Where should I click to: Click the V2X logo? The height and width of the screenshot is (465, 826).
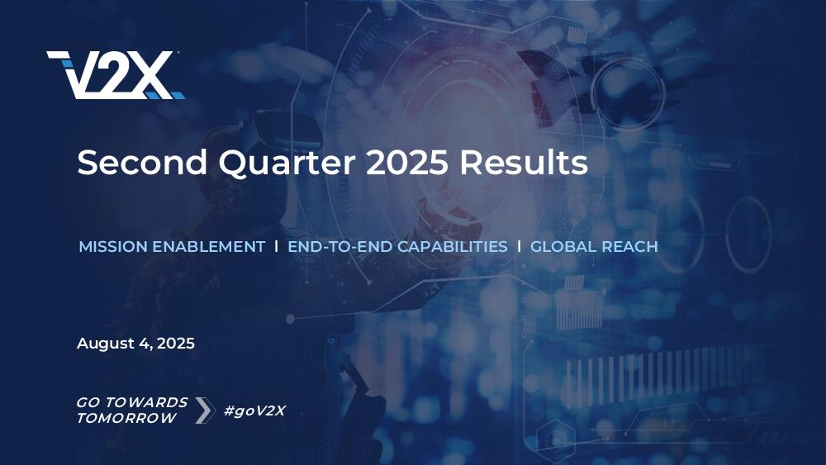pyautogui.click(x=116, y=75)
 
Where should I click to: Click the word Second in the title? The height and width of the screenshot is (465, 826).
pyautogui.click(x=142, y=162)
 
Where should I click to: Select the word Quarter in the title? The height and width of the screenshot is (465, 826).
pyautogui.click(x=287, y=163)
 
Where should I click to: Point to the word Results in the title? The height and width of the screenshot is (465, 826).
pyautogui.click(x=524, y=162)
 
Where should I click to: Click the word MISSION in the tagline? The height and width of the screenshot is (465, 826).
pyautogui.click(x=113, y=246)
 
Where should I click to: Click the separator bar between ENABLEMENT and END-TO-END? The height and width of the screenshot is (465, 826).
pyautogui.click(x=276, y=246)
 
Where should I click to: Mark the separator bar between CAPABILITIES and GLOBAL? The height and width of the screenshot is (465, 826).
pyautogui.click(x=519, y=246)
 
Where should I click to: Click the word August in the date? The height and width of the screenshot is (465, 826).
pyautogui.click(x=106, y=344)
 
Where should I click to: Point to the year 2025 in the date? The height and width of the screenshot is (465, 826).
pyautogui.click(x=176, y=344)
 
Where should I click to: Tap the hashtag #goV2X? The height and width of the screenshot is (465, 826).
pyautogui.click(x=254, y=410)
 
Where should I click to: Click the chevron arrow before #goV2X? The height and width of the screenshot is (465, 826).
pyautogui.click(x=205, y=410)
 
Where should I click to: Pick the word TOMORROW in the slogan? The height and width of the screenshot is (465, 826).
pyautogui.click(x=126, y=418)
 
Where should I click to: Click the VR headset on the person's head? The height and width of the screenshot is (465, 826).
pyautogui.click(x=287, y=128)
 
